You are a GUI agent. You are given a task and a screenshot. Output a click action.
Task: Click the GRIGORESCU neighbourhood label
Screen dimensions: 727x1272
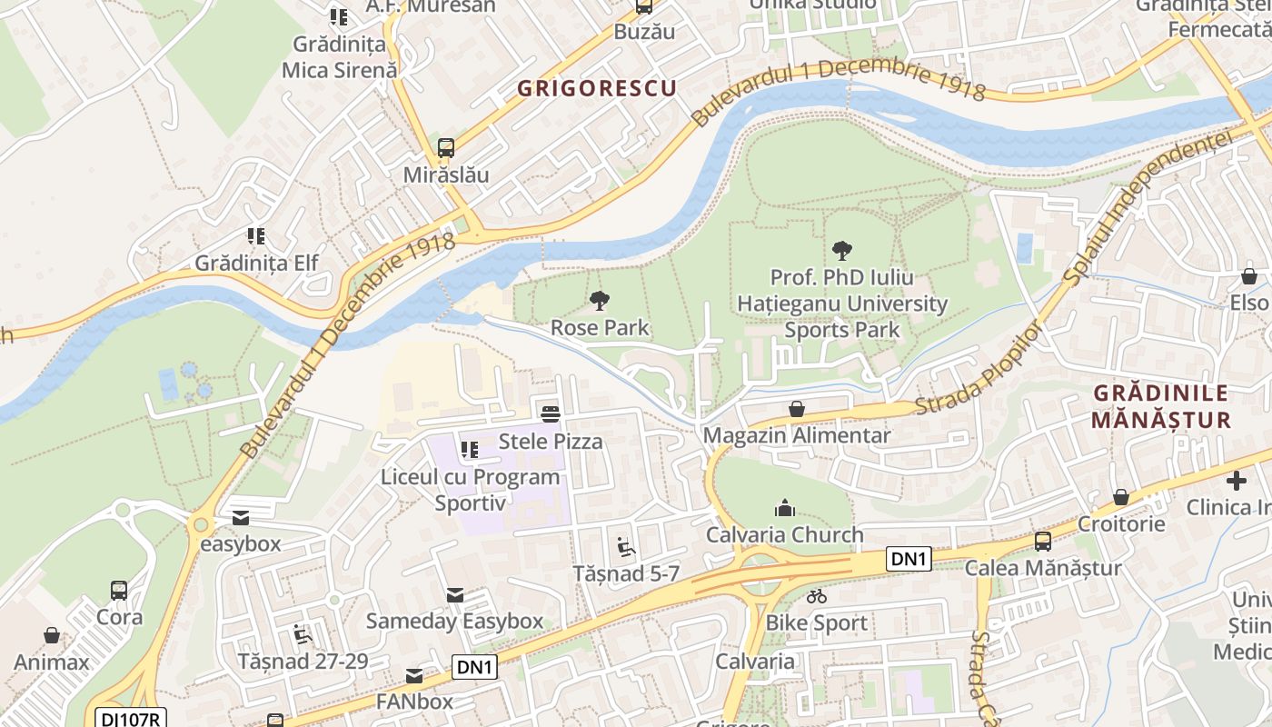(x=597, y=88)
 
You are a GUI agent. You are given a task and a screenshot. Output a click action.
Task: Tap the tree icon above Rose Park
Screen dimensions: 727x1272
(x=599, y=300)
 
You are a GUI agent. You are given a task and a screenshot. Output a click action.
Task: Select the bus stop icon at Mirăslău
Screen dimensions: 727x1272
(x=445, y=147)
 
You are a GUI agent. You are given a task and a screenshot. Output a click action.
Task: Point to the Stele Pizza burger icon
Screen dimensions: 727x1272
(x=551, y=414)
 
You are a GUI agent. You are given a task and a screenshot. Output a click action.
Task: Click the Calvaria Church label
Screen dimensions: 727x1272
(x=785, y=534)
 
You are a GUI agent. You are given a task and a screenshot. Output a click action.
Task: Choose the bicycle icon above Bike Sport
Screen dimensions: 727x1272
(x=817, y=596)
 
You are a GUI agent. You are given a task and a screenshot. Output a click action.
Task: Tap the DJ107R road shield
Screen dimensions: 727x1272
(x=131, y=718)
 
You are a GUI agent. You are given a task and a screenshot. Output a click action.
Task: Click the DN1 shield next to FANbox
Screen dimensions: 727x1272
(x=474, y=667)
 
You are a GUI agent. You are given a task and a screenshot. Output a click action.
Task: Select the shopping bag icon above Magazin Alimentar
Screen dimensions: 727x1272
(x=797, y=409)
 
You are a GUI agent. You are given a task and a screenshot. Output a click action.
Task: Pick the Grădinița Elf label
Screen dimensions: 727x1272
(x=257, y=263)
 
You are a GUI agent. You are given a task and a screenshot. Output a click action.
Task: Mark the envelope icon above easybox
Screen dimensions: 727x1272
(x=241, y=517)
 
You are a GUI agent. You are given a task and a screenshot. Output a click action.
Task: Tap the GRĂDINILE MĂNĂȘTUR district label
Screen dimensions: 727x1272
(x=1160, y=406)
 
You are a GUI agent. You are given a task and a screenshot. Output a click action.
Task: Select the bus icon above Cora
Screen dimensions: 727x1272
(x=119, y=590)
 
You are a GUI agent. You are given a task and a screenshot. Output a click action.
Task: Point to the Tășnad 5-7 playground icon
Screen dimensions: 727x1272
(x=626, y=547)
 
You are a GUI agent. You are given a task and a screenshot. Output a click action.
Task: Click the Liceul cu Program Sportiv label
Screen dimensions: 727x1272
(x=470, y=490)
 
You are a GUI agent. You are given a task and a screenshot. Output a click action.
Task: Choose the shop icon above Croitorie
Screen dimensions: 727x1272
(x=1121, y=497)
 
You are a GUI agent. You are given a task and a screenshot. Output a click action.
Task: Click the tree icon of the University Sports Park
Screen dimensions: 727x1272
(x=841, y=250)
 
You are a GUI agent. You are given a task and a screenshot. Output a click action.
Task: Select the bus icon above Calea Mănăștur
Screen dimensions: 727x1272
(x=1042, y=542)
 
